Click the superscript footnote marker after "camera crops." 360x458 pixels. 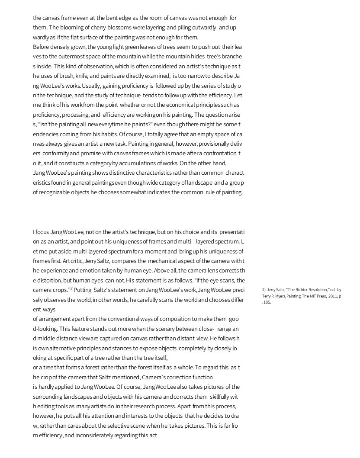(72, 288)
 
